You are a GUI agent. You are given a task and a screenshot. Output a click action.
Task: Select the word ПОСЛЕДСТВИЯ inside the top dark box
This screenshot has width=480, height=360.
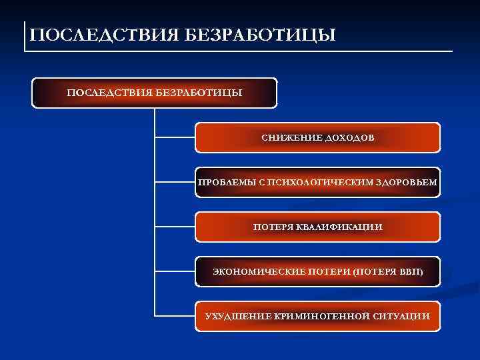(x=109, y=92)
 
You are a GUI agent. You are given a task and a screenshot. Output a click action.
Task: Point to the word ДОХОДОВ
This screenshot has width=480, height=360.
(x=349, y=137)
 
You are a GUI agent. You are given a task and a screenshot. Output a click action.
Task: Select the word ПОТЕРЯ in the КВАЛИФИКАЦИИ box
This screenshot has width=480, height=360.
(x=273, y=227)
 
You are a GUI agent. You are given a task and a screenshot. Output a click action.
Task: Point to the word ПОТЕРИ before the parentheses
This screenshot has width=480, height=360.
(x=329, y=271)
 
